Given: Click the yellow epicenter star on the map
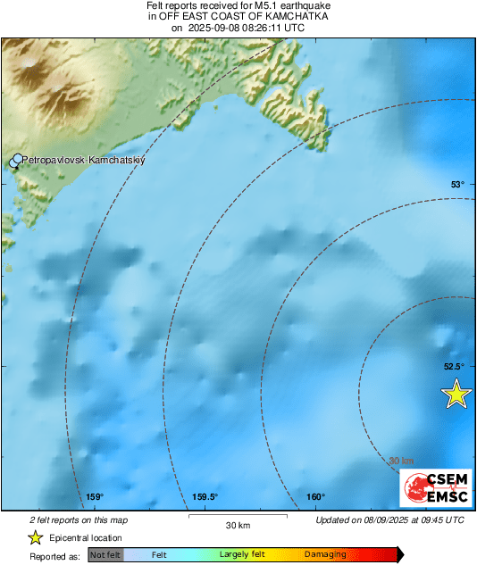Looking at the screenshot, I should pyautogui.click(x=456, y=394).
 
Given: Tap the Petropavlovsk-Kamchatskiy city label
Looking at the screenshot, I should pyautogui.click(x=82, y=160).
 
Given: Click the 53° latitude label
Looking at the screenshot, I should pyautogui.click(x=457, y=185).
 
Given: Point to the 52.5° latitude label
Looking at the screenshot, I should pyautogui.click(x=455, y=366).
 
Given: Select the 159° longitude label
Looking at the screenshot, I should pyautogui.click(x=96, y=497).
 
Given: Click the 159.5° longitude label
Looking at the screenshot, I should pyautogui.click(x=205, y=497).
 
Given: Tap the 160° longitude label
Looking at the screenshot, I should pyautogui.click(x=315, y=497).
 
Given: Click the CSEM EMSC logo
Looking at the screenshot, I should pyautogui.click(x=435, y=488).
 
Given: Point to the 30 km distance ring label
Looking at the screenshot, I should pyautogui.click(x=401, y=461).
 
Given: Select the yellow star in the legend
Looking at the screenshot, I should pyautogui.click(x=35, y=537).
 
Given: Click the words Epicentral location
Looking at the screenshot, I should pyautogui.click(x=87, y=538).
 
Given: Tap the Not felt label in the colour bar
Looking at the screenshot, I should pyautogui.click(x=105, y=555).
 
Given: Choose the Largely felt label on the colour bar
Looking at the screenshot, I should pyautogui.click(x=245, y=555).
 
